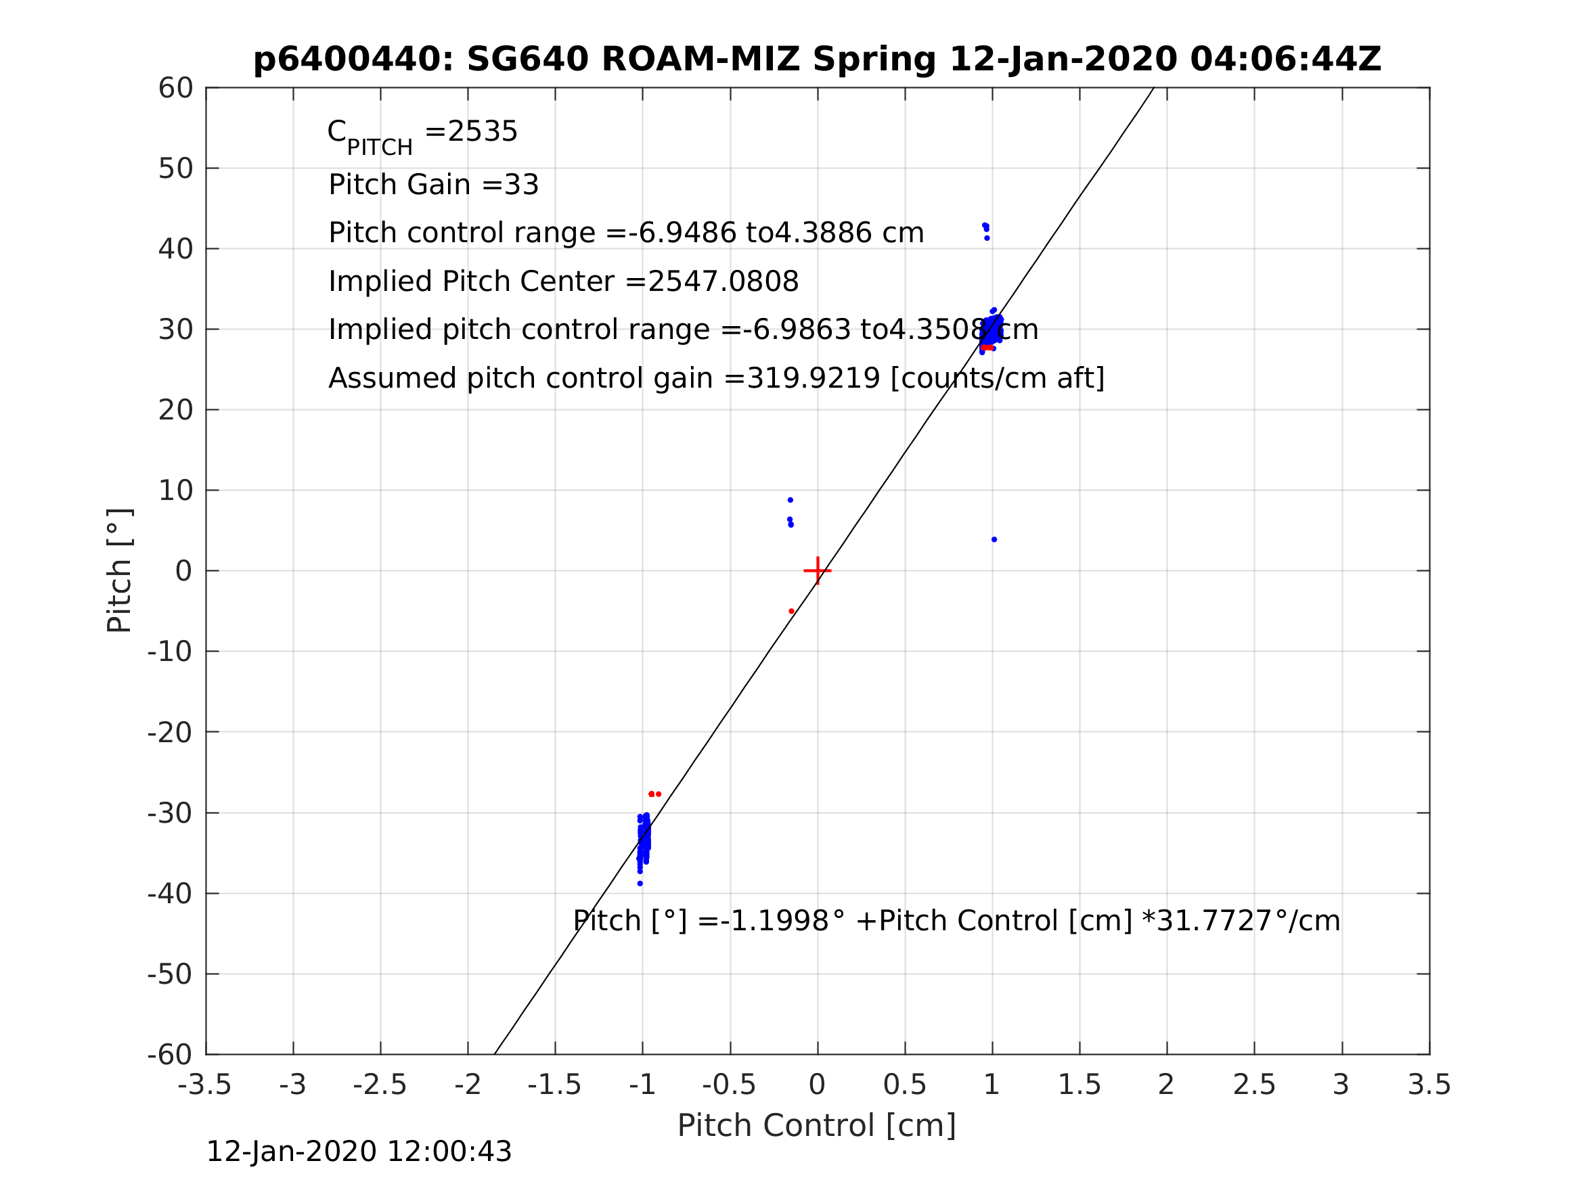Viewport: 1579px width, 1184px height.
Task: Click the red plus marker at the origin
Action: pos(818,571)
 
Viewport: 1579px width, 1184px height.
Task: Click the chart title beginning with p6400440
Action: pos(818,60)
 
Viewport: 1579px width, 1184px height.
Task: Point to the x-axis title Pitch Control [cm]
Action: pos(817,1126)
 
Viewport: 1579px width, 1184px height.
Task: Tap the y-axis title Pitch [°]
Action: pos(119,571)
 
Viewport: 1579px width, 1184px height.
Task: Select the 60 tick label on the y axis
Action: pos(175,89)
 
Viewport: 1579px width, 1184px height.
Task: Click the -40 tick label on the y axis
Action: pos(170,894)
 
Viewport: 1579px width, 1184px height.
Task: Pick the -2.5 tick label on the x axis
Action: pos(380,1085)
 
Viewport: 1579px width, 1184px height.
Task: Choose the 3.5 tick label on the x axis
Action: pos(1429,1085)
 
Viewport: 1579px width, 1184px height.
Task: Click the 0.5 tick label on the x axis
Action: pos(904,1085)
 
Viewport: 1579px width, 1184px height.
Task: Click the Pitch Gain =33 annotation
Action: pos(433,185)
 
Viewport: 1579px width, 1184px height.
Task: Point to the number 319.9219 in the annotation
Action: pos(812,378)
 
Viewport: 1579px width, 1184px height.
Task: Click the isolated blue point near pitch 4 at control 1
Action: pos(994,539)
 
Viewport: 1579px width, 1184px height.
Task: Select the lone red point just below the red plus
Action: pos(792,612)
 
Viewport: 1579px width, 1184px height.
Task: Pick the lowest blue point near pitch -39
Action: pos(640,884)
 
